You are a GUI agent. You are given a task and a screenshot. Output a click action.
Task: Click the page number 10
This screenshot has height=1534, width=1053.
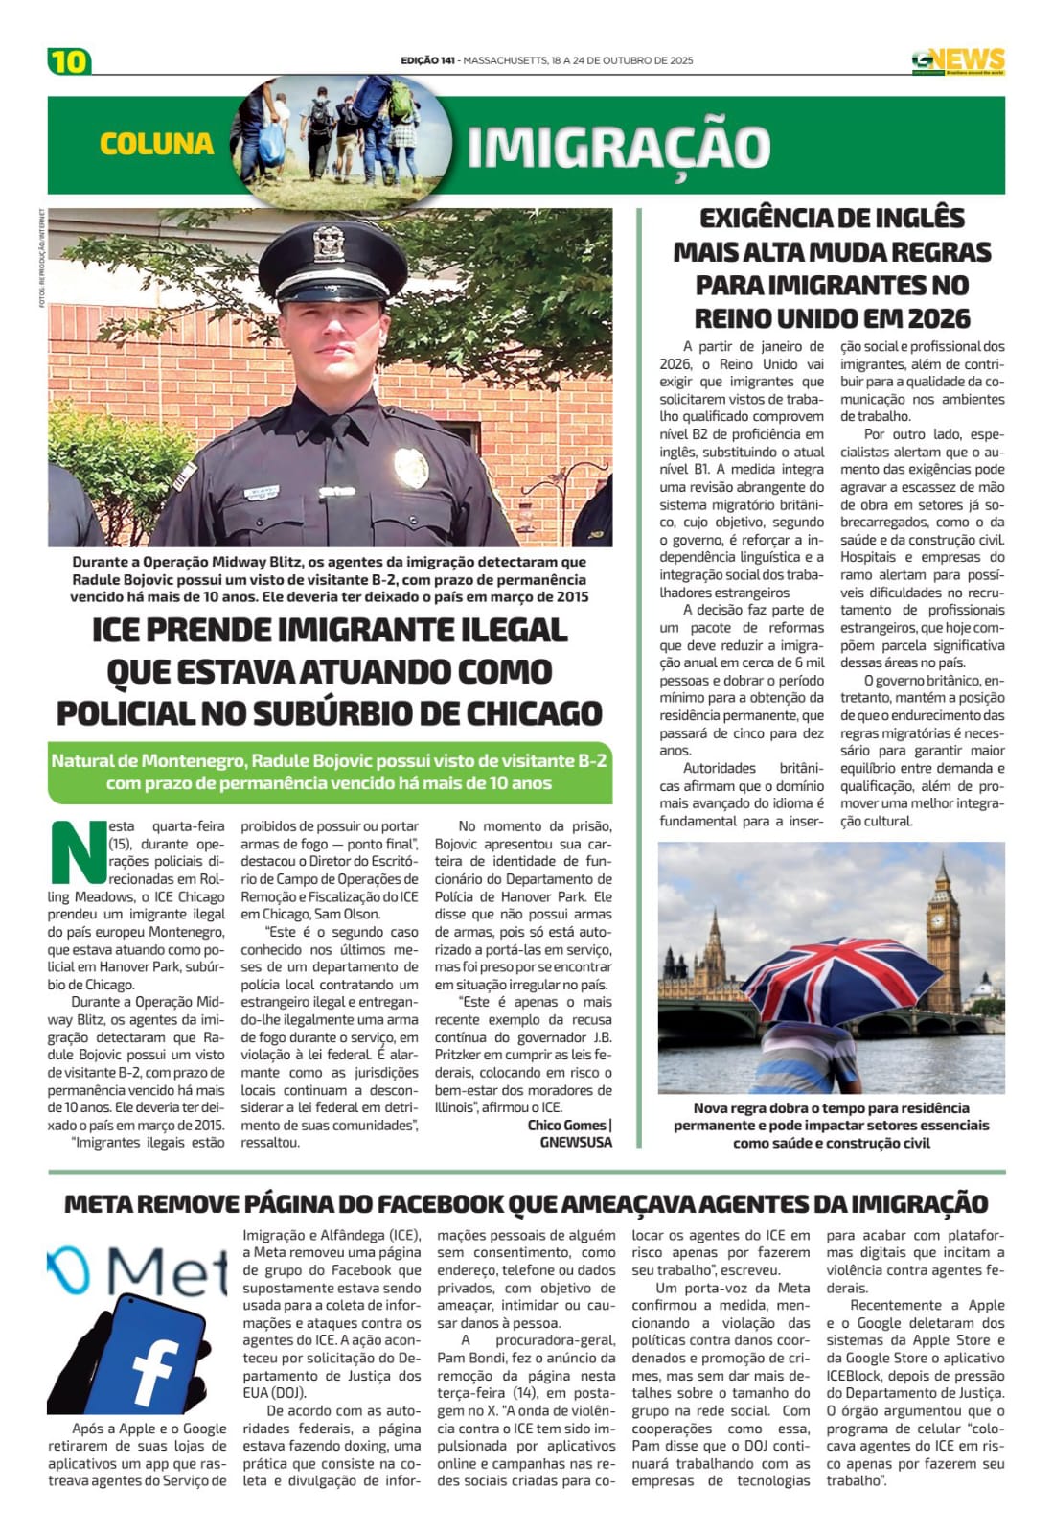[69, 60]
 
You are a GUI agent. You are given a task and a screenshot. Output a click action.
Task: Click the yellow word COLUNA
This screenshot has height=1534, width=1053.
[156, 144]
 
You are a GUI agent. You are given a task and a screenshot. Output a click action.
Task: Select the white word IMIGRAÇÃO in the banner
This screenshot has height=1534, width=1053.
[619, 147]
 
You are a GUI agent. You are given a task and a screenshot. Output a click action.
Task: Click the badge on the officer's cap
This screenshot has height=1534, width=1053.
[330, 244]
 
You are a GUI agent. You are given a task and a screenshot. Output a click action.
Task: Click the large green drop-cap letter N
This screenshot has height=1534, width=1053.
[77, 851]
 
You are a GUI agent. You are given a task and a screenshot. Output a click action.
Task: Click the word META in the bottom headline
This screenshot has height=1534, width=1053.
[102, 1203]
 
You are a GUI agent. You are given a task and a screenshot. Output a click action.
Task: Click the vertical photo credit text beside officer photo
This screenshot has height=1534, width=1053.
[43, 259]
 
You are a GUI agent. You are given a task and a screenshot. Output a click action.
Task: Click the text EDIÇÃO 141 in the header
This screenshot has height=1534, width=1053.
[427, 60]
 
